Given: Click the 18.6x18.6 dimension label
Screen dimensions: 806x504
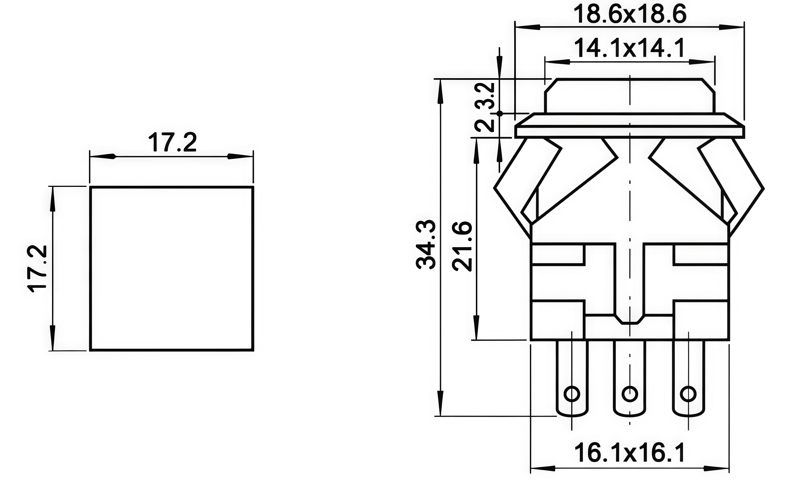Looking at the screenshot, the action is [x=630, y=14].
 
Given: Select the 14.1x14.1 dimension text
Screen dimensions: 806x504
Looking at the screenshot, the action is [x=630, y=48].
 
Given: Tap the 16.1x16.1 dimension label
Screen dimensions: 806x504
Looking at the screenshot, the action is [x=630, y=453].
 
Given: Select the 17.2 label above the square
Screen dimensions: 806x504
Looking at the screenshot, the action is [x=172, y=142].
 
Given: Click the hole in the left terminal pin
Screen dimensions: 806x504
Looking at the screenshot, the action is [x=572, y=394].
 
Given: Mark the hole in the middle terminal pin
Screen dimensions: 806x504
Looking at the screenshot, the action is [x=630, y=394].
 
